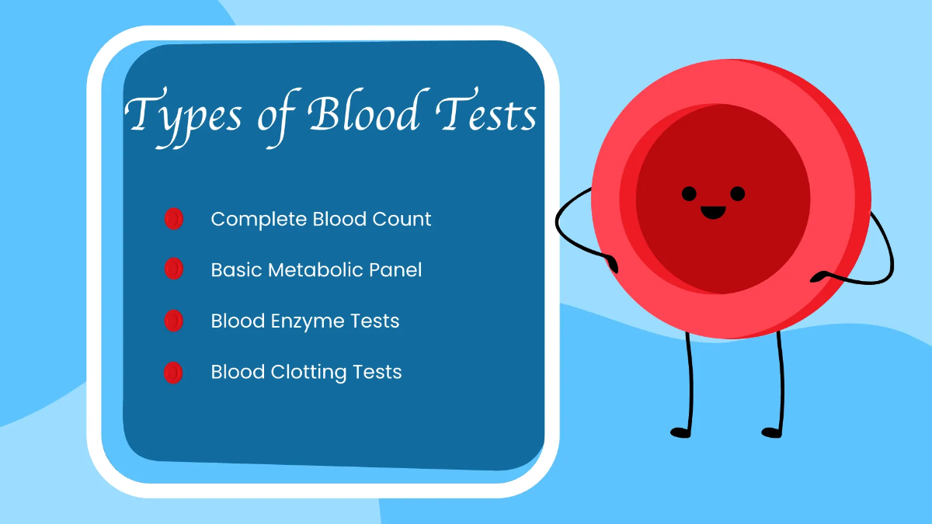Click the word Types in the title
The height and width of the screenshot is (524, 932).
click(175, 115)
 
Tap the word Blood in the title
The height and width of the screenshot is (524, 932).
click(363, 113)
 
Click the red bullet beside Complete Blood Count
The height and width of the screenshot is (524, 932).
click(173, 219)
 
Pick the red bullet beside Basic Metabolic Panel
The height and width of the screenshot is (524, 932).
click(173, 269)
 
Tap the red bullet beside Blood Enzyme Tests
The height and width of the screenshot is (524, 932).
click(173, 321)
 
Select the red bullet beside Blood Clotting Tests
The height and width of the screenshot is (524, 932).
click(173, 373)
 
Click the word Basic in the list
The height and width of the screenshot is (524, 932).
click(236, 270)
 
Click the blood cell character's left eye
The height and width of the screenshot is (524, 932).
click(689, 193)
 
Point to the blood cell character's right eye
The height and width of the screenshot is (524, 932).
click(738, 193)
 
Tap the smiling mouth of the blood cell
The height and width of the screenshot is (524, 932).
click(713, 211)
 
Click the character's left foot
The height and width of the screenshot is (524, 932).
click(680, 432)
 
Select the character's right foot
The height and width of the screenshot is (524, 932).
click(770, 432)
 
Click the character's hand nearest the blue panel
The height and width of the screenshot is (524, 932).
click(611, 264)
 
